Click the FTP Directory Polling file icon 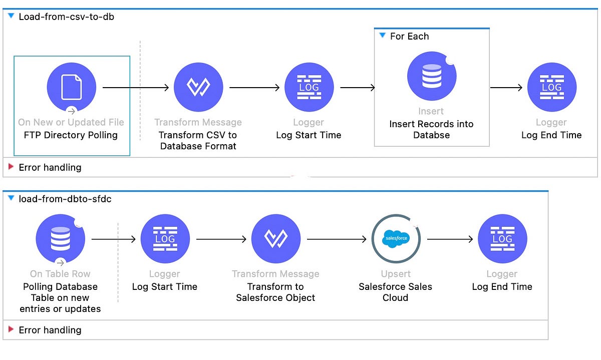pyautogui.click(x=71, y=88)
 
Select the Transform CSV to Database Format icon pyautogui.click(x=198, y=88)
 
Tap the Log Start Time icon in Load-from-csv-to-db pyautogui.click(x=309, y=88)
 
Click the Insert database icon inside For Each pyautogui.click(x=431, y=76)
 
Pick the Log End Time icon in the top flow pyautogui.click(x=551, y=88)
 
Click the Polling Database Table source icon pyautogui.click(x=60, y=239)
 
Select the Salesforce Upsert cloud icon pyautogui.click(x=396, y=239)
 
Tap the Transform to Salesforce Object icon pyautogui.click(x=275, y=239)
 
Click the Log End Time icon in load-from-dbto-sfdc pyautogui.click(x=502, y=239)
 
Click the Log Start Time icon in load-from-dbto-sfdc pyautogui.click(x=165, y=239)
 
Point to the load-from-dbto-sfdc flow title pyautogui.click(x=65, y=199)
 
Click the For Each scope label pyautogui.click(x=409, y=37)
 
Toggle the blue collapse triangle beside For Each pyautogui.click(x=383, y=36)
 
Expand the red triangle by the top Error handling pyautogui.click(x=11, y=167)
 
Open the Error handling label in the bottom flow pyautogui.click(x=50, y=330)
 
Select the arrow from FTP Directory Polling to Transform pyautogui.click(x=135, y=88)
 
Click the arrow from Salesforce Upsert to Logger pyautogui.click(x=449, y=239)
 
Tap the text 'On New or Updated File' pyautogui.click(x=71, y=122)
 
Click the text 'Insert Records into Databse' pyautogui.click(x=431, y=129)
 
